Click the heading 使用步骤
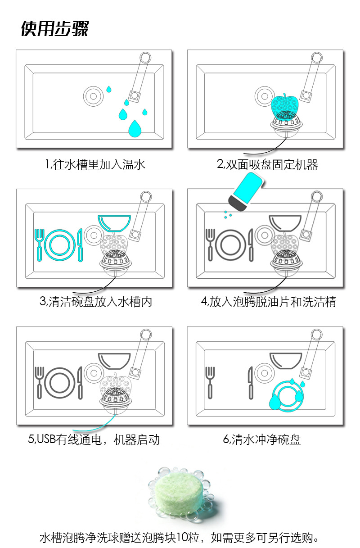54,28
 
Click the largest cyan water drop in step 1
134,129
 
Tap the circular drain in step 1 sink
93,95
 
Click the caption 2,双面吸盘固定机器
267,165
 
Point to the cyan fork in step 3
40,245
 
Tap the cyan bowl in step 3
114,222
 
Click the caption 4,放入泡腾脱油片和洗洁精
268,302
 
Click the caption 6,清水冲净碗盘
262,439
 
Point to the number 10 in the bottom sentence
183,538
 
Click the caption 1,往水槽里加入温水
95,165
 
